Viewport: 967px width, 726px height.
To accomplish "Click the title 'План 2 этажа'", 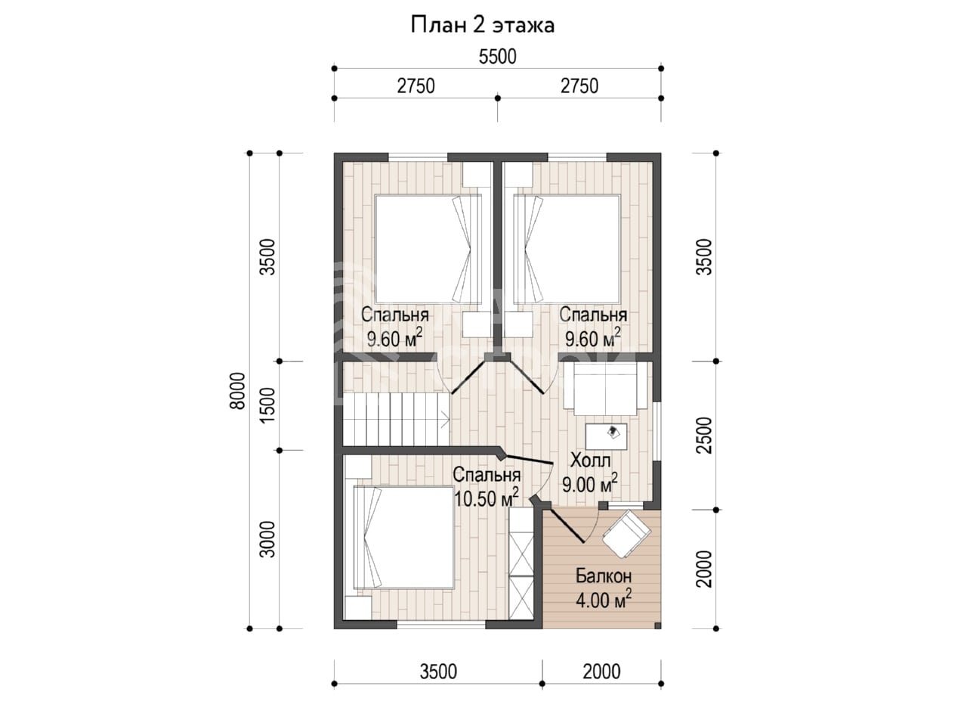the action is pyautogui.click(x=483, y=25).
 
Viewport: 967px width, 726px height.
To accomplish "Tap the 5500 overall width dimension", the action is pyautogui.click(x=497, y=57).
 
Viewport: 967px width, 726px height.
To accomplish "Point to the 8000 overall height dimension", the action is pyautogui.click(x=237, y=390).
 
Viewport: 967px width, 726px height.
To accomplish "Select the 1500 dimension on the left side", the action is pyautogui.click(x=267, y=405).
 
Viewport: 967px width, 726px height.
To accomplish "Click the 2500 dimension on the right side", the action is pyautogui.click(x=706, y=435).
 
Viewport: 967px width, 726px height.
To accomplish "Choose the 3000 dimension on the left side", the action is pyautogui.click(x=267, y=539).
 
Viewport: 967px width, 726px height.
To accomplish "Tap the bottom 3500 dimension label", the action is pyautogui.click(x=438, y=672).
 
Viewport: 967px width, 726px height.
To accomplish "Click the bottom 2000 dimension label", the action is pyautogui.click(x=601, y=672).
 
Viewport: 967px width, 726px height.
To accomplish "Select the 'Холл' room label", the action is pyautogui.click(x=590, y=461).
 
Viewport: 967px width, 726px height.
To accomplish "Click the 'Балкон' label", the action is pyautogui.click(x=603, y=576).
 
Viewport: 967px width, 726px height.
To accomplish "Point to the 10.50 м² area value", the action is pyautogui.click(x=486, y=498).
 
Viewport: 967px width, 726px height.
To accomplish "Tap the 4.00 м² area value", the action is pyautogui.click(x=603, y=600).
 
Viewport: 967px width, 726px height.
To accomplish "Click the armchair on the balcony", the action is pyautogui.click(x=626, y=534).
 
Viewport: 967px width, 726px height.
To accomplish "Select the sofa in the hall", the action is pyautogui.click(x=605, y=389).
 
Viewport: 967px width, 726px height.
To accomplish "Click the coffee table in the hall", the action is pyautogui.click(x=606, y=436).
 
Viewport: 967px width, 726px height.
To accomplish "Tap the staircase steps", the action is pyautogui.click(x=396, y=419).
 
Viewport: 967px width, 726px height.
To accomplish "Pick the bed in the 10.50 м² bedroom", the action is pyautogui.click(x=403, y=538).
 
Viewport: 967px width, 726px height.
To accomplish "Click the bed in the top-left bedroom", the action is pyautogui.click(x=428, y=249).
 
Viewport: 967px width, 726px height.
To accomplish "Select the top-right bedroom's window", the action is pyautogui.click(x=577, y=157).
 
